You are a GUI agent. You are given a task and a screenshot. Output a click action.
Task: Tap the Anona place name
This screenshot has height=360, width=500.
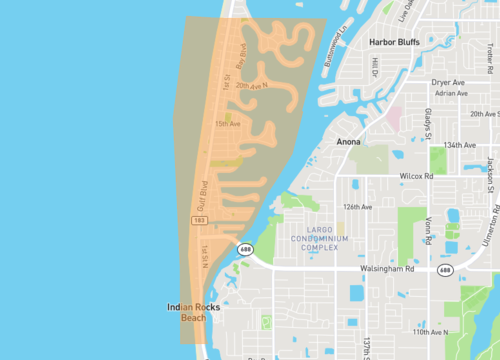(x=348, y=142)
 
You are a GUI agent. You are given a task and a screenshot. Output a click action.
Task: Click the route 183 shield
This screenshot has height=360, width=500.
(x=199, y=218)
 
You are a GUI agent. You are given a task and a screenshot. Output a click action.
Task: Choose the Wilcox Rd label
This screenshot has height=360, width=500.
(x=414, y=176)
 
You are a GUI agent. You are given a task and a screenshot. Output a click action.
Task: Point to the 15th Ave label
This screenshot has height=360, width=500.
(x=227, y=123)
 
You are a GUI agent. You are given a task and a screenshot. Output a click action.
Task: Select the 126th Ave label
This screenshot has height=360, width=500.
(x=357, y=207)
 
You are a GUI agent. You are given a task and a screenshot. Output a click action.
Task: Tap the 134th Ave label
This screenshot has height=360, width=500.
(x=461, y=145)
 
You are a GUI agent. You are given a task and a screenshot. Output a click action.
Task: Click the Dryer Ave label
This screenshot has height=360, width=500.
(x=449, y=82)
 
